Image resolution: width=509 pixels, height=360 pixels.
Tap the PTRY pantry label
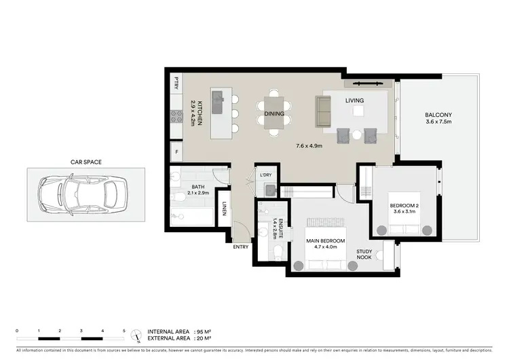tap(176, 83)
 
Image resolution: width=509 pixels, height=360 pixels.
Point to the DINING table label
tap(274, 113)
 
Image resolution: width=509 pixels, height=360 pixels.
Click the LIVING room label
tap(354, 101)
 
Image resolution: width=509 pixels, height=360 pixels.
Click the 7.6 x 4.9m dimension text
tap(309, 145)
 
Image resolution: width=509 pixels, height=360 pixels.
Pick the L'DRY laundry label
tap(265, 175)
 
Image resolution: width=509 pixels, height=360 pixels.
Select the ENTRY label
tap(241, 247)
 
